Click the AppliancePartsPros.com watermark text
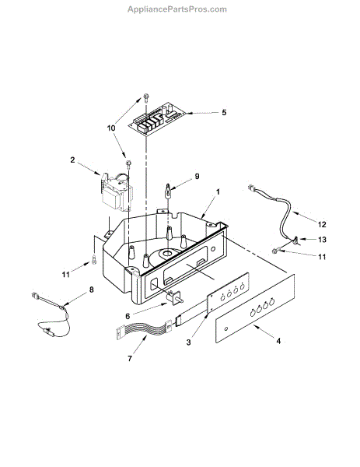point(177,9)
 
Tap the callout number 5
point(224,112)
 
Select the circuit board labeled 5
point(157,119)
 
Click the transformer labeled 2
point(117,191)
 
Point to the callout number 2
point(72,160)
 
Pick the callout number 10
point(111,128)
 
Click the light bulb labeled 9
point(169,191)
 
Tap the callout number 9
point(197,177)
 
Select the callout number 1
point(218,191)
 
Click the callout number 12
point(322,224)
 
